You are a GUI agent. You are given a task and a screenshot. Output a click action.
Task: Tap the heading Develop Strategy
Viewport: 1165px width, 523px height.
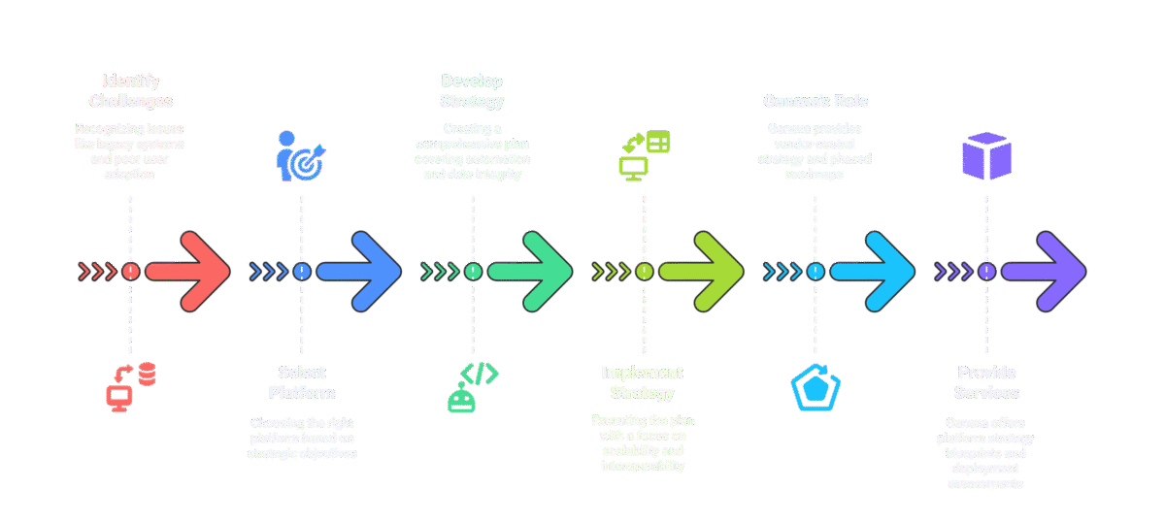click(473, 90)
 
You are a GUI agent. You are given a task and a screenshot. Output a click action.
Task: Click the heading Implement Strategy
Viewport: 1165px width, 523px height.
click(643, 382)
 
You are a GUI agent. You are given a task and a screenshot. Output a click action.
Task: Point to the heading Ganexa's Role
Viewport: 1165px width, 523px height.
click(815, 101)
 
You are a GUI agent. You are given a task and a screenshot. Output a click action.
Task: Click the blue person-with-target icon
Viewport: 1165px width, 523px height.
click(302, 155)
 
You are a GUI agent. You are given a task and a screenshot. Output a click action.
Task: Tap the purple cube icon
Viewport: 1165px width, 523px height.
click(986, 156)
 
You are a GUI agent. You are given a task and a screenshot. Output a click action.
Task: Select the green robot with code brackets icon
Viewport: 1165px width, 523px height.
click(473, 387)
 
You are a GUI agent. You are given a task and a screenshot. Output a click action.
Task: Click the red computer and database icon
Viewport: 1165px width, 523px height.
click(131, 387)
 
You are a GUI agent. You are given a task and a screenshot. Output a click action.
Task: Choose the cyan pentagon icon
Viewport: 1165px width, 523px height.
click(815, 387)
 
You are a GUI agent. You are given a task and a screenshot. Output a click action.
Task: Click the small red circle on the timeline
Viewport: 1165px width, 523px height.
click(131, 272)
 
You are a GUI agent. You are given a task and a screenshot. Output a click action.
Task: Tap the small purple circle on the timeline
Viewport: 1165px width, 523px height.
click(986, 272)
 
